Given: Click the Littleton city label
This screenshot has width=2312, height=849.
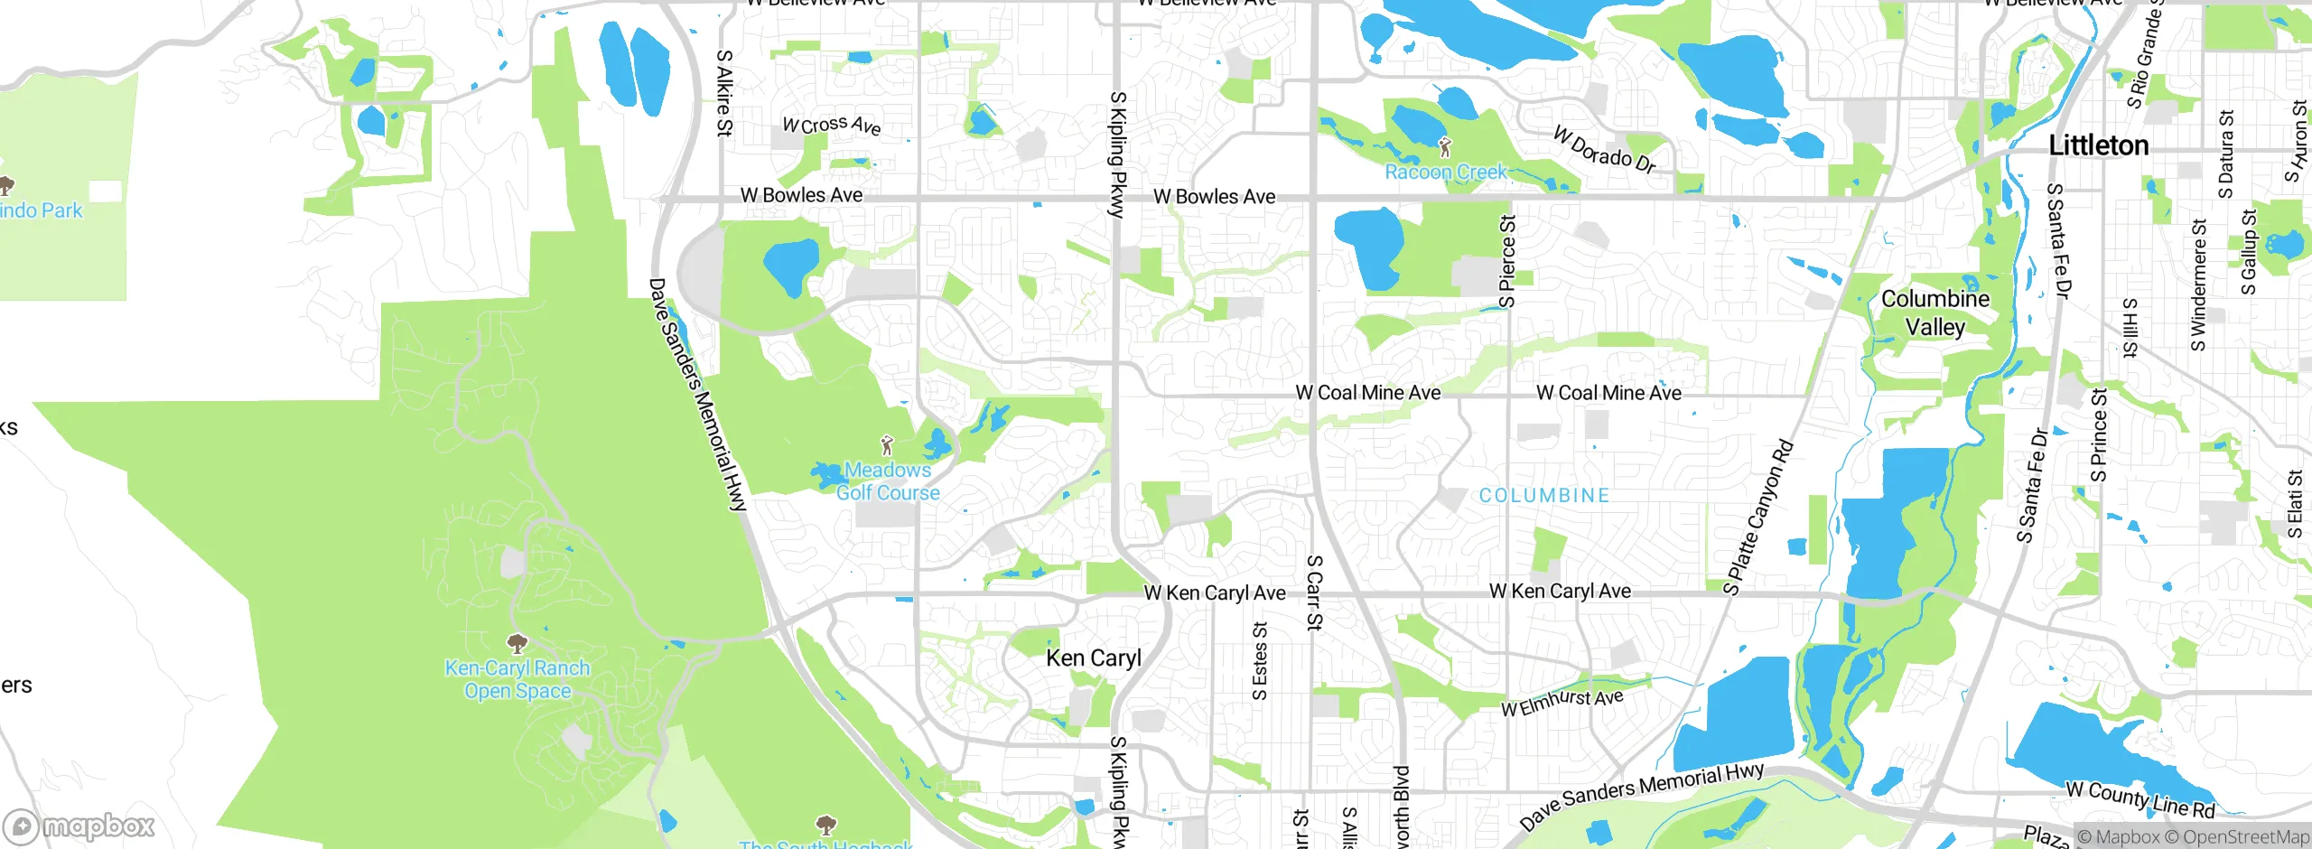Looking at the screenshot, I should click(2098, 145).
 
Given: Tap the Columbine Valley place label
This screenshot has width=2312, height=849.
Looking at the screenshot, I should click(1934, 313).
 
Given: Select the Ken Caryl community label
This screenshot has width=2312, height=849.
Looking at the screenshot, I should click(1093, 658).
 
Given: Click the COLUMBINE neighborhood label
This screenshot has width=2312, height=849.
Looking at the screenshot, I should click(1543, 496).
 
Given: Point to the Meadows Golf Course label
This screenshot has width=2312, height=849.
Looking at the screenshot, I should click(887, 481).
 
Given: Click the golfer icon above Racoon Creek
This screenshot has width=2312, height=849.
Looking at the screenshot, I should click(1445, 147).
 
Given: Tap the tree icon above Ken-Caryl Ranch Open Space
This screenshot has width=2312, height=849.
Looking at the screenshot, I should click(517, 644).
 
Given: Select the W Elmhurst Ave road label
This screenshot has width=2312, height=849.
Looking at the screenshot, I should click(1562, 703).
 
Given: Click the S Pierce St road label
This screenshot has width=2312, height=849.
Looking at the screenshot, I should click(1506, 261).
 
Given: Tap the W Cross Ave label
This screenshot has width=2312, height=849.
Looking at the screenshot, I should click(831, 125).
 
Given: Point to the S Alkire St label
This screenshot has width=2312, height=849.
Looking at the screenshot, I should click(723, 92).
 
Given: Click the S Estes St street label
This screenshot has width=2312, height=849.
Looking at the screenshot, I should click(1260, 660).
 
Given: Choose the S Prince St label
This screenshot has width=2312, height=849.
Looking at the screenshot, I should click(2099, 435).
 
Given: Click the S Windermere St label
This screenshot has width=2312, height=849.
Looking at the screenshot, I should click(2198, 285).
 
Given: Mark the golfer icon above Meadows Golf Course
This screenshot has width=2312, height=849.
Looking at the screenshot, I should click(887, 445).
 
